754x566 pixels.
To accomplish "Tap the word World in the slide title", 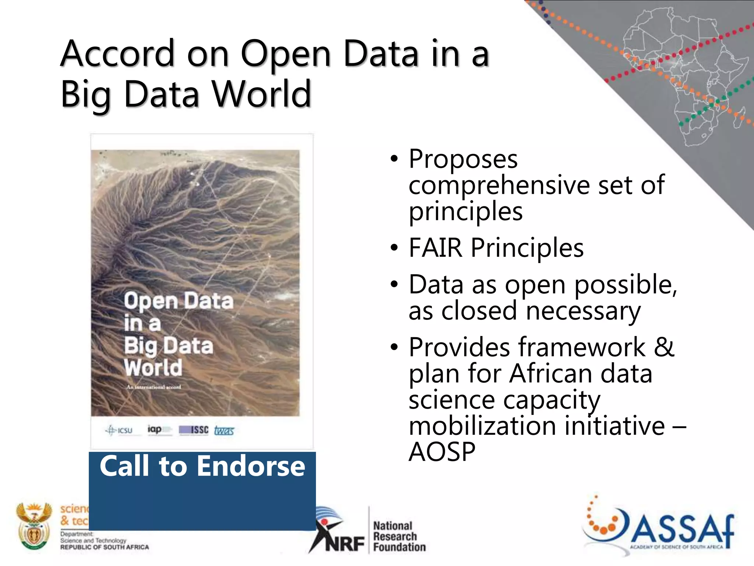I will [262, 94].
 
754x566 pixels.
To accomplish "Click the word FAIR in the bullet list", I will [436, 248].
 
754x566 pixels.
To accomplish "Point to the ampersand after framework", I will [664, 347].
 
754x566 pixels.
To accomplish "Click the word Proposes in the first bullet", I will [463, 159].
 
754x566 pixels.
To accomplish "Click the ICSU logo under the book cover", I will [119, 430].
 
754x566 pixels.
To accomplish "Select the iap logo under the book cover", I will [159, 430].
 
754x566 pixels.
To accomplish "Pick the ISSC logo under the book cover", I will [194, 430].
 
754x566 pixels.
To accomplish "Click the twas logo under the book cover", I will [224, 430].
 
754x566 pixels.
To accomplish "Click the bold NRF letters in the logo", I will [345, 544].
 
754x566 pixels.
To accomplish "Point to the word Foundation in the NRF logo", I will [399, 547].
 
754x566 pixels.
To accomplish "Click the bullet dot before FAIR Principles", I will [394, 248].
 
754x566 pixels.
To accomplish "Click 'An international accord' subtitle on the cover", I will [154, 387].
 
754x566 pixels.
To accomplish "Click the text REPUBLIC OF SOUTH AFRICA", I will [105, 547].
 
